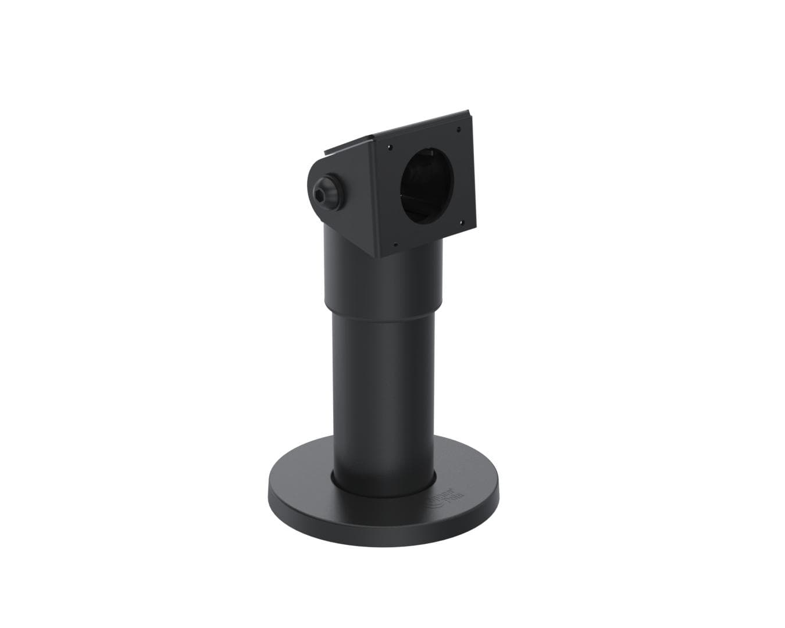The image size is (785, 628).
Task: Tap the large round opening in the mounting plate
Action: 426,185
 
